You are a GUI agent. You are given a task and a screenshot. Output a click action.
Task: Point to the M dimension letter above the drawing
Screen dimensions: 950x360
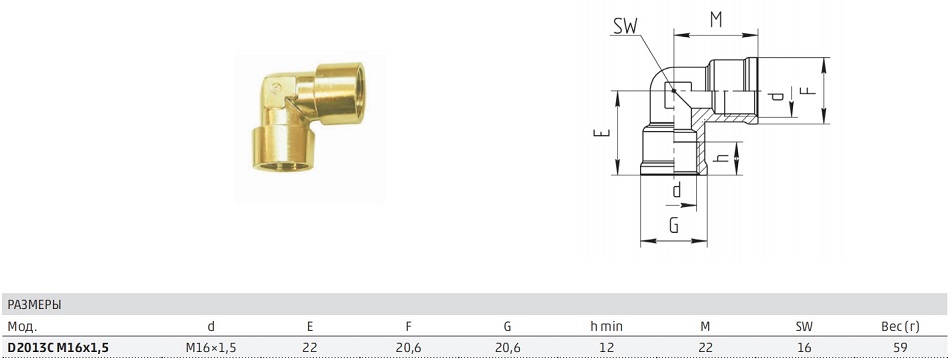pyautogui.click(x=716, y=20)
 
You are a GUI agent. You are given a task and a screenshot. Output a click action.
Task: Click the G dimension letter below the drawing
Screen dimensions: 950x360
pyautogui.click(x=673, y=225)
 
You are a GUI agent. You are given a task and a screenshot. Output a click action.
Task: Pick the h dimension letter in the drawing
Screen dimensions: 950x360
pyautogui.click(x=720, y=157)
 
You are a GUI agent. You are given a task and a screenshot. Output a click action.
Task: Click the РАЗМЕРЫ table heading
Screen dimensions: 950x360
pyautogui.click(x=35, y=305)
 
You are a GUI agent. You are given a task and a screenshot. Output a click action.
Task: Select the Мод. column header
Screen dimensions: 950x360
pyautogui.click(x=22, y=327)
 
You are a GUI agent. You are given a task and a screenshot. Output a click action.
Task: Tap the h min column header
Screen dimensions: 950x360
pyautogui.click(x=606, y=327)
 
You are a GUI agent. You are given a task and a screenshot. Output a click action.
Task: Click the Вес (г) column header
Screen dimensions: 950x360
pyautogui.click(x=900, y=327)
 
